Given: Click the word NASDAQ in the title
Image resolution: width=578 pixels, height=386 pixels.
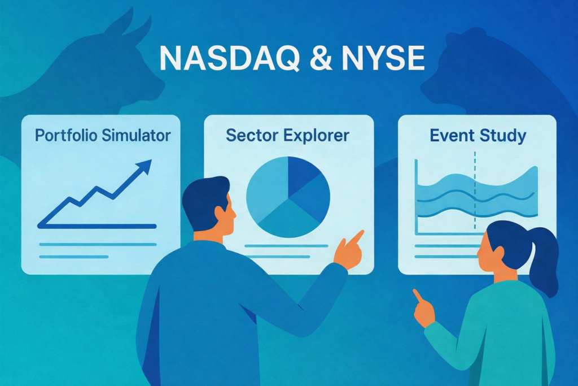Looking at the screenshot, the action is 230,58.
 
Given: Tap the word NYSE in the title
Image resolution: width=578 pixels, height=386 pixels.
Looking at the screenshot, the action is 383,58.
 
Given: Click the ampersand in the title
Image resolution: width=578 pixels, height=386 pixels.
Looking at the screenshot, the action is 321,58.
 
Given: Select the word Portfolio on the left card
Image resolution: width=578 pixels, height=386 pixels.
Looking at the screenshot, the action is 67,136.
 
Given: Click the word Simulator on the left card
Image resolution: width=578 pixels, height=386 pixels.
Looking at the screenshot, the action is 137,136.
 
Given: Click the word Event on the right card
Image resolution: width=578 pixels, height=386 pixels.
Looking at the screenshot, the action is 452,136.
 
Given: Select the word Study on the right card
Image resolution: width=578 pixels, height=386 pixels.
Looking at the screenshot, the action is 502,136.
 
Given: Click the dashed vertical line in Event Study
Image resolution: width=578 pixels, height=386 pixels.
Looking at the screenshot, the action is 475,190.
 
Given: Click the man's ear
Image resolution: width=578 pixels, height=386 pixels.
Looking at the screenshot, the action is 221,214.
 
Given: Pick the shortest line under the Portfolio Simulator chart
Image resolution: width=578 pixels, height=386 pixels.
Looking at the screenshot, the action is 74,257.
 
